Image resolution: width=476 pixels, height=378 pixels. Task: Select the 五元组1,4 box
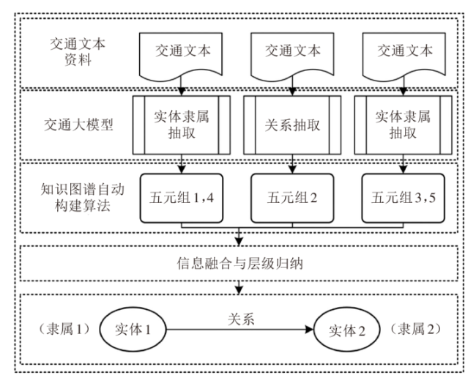click(181, 196)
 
